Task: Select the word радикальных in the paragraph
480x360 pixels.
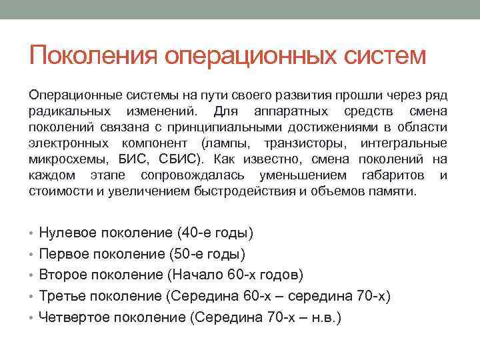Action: (x=69, y=110)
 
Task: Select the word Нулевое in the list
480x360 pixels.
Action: (x=68, y=233)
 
